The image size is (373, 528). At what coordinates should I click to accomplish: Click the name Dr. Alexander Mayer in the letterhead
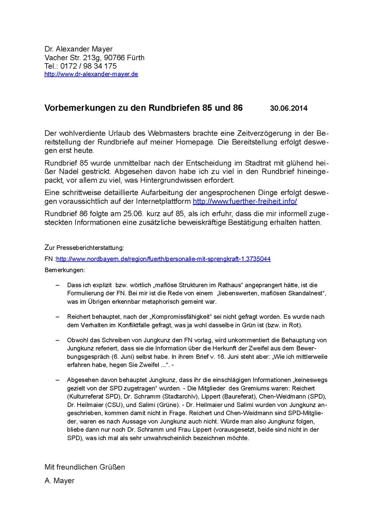78,49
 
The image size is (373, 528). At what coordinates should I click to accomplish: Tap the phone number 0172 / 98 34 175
88,66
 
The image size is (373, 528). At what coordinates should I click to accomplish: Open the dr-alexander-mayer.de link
91,74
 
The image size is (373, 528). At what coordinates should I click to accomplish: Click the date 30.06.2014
288,108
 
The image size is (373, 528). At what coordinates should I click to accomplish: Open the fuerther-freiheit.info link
245,201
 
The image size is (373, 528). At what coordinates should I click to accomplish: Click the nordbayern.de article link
163,259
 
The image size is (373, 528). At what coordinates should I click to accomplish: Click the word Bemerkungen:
65,270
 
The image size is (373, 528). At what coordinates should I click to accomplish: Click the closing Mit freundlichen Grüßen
85,467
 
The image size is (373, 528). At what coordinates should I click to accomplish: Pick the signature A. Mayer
59,480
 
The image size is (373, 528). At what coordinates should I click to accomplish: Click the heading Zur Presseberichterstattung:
84,248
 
